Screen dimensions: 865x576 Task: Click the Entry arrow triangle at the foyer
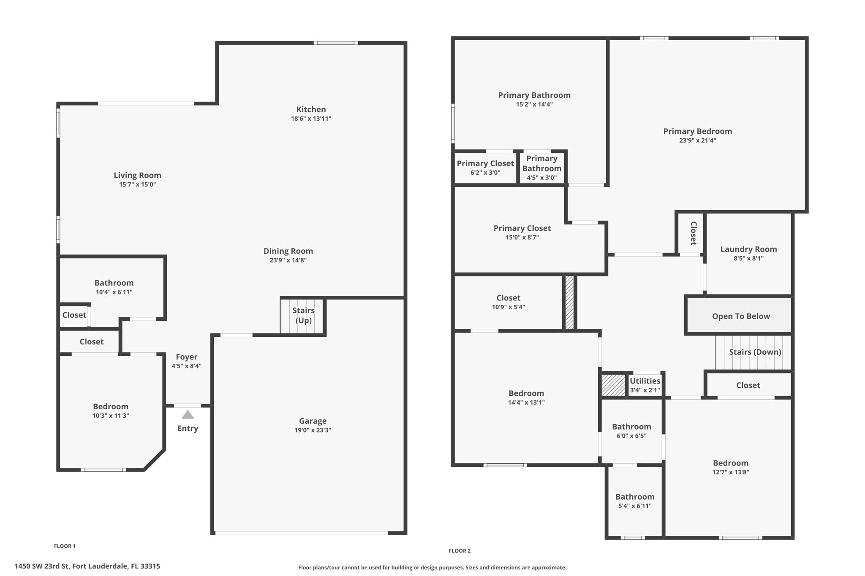pos(188,415)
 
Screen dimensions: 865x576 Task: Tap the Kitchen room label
pos(311,109)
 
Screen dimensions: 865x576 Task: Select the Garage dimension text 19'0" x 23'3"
pos(313,430)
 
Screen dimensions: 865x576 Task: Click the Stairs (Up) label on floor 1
pos(304,315)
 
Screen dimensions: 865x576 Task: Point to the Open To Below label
pos(741,316)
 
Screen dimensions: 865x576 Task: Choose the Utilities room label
pos(645,381)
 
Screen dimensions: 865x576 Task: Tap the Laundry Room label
pos(748,249)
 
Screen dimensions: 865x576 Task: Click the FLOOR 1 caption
pos(65,546)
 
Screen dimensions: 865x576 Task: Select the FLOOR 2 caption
pos(460,551)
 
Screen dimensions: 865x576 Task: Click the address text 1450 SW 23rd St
pos(41,566)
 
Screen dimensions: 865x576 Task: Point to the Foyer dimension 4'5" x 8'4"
pos(186,366)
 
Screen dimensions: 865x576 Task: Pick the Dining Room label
pos(288,251)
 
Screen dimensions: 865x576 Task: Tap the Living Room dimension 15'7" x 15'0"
pos(137,184)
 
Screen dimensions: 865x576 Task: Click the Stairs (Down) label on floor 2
pos(755,352)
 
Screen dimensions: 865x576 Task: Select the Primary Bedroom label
pos(697,131)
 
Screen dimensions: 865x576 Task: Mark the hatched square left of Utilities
pos(613,385)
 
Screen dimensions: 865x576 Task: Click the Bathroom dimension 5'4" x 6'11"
pos(635,506)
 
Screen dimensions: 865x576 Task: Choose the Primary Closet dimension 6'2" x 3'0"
pos(485,173)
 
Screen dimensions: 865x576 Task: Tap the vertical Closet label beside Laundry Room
pos(693,233)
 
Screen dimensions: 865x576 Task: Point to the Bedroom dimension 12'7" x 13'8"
pos(731,472)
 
